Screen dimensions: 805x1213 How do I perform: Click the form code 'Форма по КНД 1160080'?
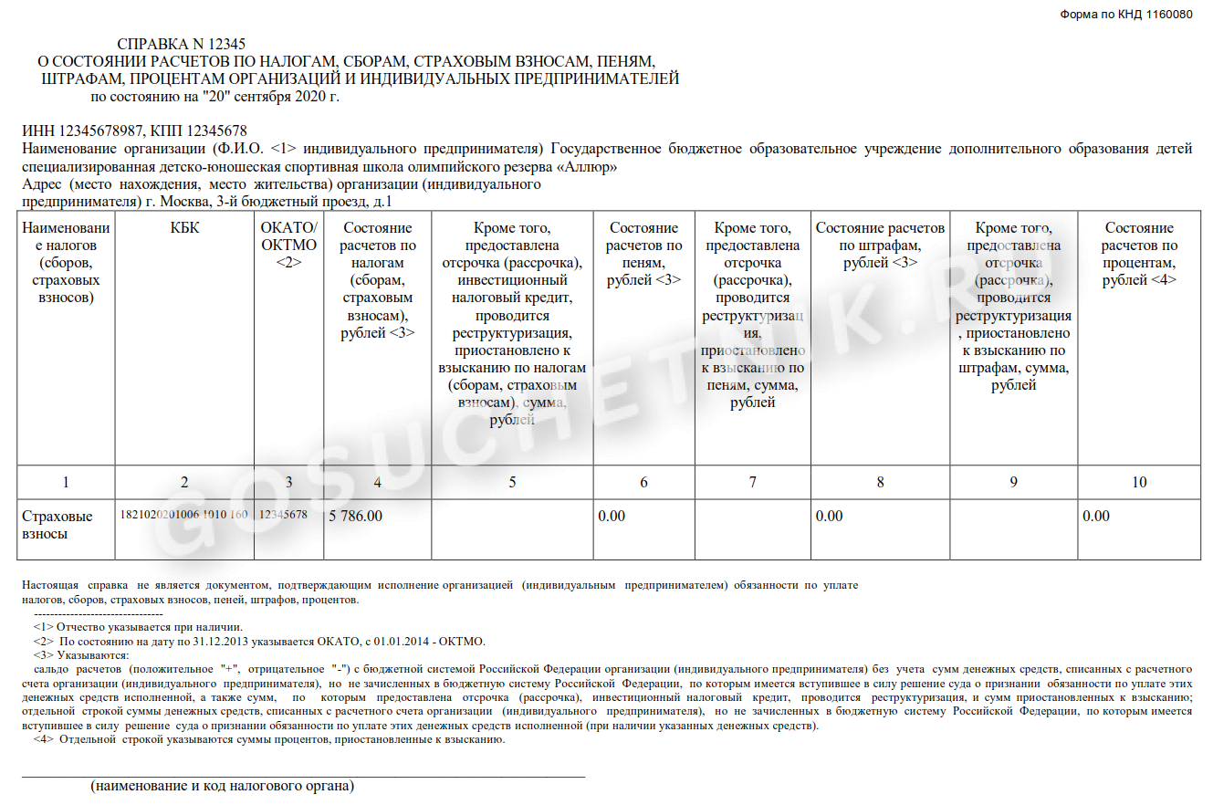pos(1125,16)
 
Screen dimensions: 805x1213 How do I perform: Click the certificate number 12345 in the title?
pos(228,44)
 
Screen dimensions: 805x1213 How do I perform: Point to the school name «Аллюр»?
pos(589,167)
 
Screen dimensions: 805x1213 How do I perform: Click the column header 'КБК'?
pos(184,228)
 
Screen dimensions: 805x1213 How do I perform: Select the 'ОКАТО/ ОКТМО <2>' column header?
pos(288,245)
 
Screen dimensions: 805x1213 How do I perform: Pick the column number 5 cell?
pos(512,482)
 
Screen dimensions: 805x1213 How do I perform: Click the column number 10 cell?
pos(1138,482)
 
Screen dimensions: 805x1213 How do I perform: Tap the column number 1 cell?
pos(66,482)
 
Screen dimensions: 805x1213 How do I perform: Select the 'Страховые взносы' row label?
pos(57,525)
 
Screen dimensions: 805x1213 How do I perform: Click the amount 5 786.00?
pos(355,517)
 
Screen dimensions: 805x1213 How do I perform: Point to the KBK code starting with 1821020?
pos(183,515)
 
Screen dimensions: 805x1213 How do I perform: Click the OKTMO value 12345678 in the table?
pos(283,515)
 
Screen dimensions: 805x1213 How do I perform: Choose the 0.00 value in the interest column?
pos(1096,517)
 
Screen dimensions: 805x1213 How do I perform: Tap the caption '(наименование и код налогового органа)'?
pos(222,785)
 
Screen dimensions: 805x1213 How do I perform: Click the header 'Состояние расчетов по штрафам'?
pos(880,245)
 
